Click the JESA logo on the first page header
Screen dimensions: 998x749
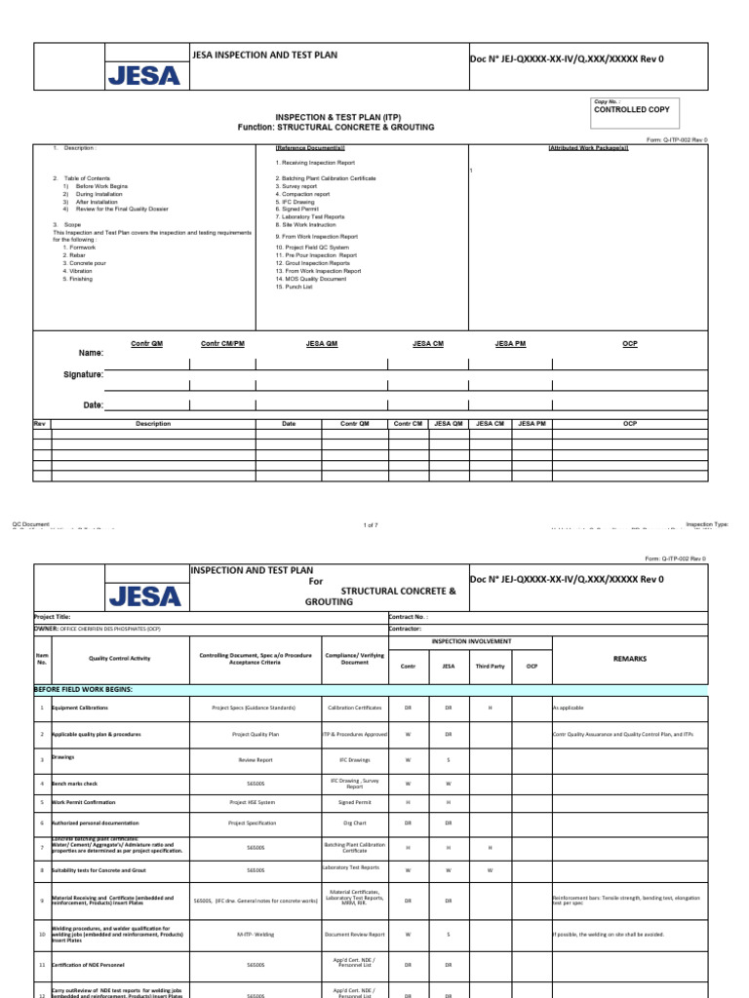point(143,75)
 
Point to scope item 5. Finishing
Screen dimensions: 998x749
point(79,279)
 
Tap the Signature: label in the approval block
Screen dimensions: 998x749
point(83,374)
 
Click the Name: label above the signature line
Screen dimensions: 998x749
point(91,353)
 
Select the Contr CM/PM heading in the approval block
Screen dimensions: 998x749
point(222,344)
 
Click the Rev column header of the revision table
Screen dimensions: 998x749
point(40,424)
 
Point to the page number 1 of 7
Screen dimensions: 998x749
point(370,525)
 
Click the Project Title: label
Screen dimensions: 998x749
point(52,617)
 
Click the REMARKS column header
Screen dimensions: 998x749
point(629,659)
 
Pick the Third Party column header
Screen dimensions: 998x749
point(491,667)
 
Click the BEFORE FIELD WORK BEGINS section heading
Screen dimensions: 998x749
point(83,688)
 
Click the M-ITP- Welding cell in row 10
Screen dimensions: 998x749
point(256,935)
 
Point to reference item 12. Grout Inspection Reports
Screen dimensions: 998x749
point(312,263)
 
